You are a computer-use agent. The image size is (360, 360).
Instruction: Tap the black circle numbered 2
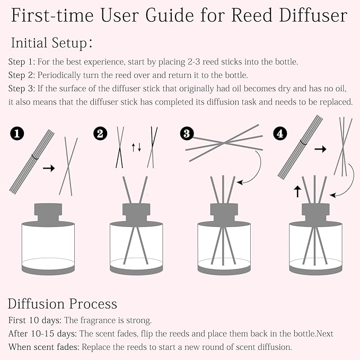click(99, 134)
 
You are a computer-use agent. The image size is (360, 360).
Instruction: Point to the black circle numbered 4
click(280, 134)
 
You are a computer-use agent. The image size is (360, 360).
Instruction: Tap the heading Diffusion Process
click(62, 304)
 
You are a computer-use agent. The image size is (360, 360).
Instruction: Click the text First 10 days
click(35, 320)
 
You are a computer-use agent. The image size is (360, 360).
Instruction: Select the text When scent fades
click(43, 347)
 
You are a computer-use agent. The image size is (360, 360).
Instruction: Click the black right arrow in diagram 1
click(49, 168)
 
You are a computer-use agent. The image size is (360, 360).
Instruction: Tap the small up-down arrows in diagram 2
click(136, 148)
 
